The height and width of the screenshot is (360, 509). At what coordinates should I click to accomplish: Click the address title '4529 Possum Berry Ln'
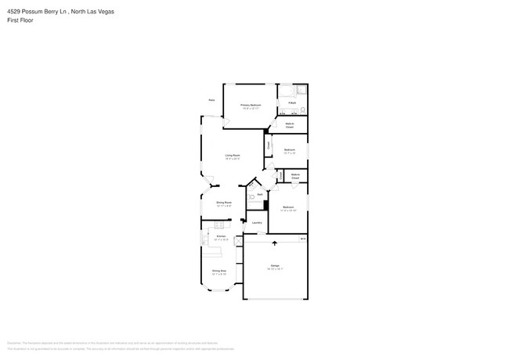tap(32, 11)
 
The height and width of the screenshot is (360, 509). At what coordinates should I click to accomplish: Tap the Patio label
tap(211, 100)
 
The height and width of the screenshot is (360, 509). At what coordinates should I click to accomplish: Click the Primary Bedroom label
tap(251, 104)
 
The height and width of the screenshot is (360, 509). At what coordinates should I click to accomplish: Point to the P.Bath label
tap(291, 103)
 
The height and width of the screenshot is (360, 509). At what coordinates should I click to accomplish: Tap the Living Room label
tap(233, 155)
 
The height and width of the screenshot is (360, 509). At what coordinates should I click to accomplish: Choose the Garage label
tap(276, 266)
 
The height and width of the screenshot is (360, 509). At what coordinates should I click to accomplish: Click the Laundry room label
tap(257, 222)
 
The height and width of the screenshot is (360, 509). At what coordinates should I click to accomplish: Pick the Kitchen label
tap(221, 236)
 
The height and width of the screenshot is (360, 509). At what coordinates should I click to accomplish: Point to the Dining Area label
tap(219, 272)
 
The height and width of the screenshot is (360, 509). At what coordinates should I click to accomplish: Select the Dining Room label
tap(224, 202)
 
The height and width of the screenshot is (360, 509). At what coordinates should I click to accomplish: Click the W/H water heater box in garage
tap(303, 237)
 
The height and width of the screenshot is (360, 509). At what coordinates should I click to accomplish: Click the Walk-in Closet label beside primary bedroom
tap(290, 124)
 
